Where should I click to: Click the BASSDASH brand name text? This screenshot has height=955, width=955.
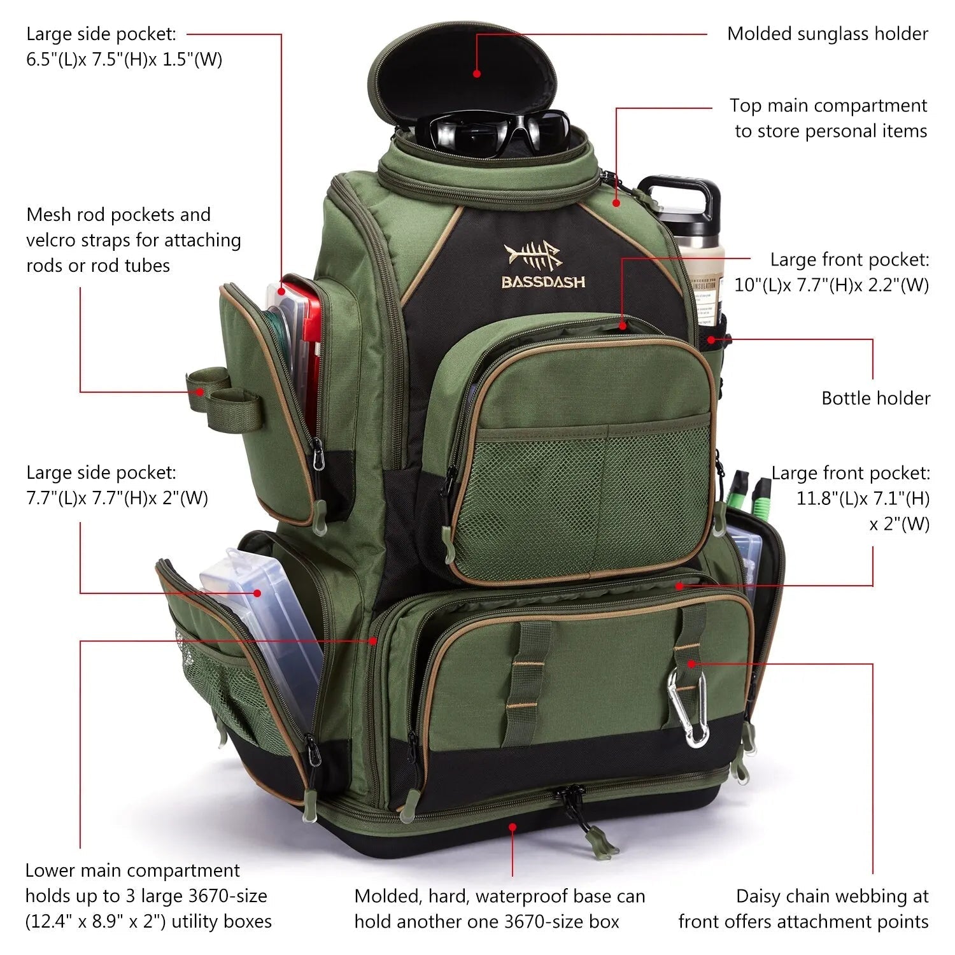click(543, 282)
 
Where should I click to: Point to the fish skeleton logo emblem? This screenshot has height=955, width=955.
click(532, 257)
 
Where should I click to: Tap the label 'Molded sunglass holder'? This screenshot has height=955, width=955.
click(827, 34)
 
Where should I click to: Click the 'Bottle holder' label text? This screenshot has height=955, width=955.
click(875, 399)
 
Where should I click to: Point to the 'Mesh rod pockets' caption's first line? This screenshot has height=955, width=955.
click(118, 215)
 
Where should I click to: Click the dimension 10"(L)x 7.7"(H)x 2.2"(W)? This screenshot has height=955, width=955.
click(831, 285)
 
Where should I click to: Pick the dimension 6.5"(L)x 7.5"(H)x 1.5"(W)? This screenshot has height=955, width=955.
click(124, 59)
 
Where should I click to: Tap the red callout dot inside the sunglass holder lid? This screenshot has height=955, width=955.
click(478, 74)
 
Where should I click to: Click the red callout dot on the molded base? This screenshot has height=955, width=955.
click(513, 826)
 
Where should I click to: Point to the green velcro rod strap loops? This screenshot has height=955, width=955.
click(223, 395)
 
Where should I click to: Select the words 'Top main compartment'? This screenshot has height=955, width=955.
click(828, 106)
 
